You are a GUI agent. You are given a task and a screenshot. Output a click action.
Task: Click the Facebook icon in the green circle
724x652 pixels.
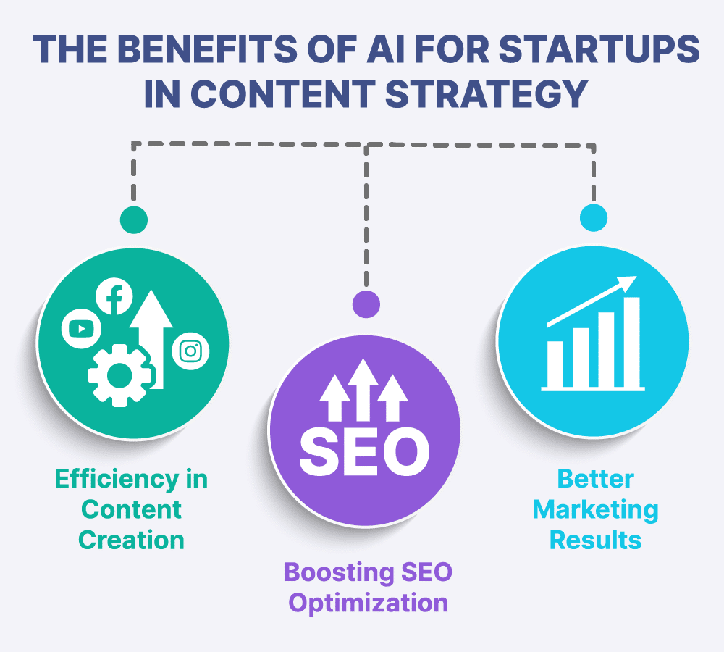coord(114,296)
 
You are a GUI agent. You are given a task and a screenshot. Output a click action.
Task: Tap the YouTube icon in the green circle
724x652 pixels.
coord(81,329)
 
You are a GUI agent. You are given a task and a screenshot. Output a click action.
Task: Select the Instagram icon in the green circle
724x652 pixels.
coord(190,351)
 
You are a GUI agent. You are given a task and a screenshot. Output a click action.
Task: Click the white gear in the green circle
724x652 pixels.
coord(120,375)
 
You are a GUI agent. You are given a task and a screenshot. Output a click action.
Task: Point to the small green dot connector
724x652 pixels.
coord(134,220)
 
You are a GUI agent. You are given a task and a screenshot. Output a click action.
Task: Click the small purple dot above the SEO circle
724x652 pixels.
coord(366,304)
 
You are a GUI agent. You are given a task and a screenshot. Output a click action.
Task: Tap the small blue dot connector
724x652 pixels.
coord(594,217)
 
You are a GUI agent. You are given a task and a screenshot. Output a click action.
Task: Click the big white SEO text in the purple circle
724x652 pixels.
coord(364,451)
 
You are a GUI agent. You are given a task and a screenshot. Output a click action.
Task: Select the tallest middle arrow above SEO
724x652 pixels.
coord(363,390)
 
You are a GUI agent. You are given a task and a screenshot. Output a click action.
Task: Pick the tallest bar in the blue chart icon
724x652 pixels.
coord(631,342)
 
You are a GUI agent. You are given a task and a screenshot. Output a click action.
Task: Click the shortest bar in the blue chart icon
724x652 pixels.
coord(555,364)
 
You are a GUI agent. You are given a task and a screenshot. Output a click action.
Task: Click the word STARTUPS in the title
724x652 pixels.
coord(599,49)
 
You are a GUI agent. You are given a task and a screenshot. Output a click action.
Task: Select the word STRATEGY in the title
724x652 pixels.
coord(487,93)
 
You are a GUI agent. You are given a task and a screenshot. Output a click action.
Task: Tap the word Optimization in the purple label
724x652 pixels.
coord(369,603)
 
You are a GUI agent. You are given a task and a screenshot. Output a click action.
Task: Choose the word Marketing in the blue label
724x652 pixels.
coord(596,510)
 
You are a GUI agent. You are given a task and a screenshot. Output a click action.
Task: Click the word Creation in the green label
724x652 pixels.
coord(131,540)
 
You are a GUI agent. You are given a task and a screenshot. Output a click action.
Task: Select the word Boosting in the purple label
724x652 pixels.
coord(339,573)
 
